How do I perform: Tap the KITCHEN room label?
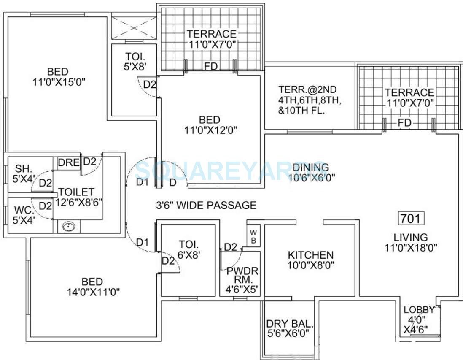coord(310,255)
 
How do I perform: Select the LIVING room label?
coord(411,237)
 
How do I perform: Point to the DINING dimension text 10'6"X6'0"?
coord(312,178)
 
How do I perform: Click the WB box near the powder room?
coord(253,236)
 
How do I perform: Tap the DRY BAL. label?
coord(290,324)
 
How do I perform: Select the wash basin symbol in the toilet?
coord(67,227)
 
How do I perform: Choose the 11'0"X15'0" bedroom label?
coord(59,77)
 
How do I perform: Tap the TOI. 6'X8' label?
coord(188,249)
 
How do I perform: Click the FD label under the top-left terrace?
coord(209,66)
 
